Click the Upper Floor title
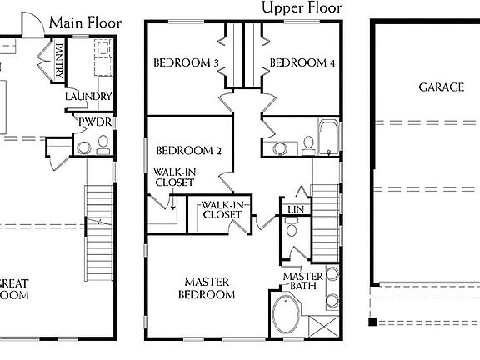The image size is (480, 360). [301, 8]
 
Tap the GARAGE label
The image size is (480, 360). [441, 87]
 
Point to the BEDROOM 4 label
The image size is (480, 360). [302, 62]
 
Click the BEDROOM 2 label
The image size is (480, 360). [189, 151]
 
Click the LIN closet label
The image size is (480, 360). [294, 209]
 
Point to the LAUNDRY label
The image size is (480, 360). [88, 97]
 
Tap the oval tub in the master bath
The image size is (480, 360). [288, 315]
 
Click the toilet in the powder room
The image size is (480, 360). [82, 147]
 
